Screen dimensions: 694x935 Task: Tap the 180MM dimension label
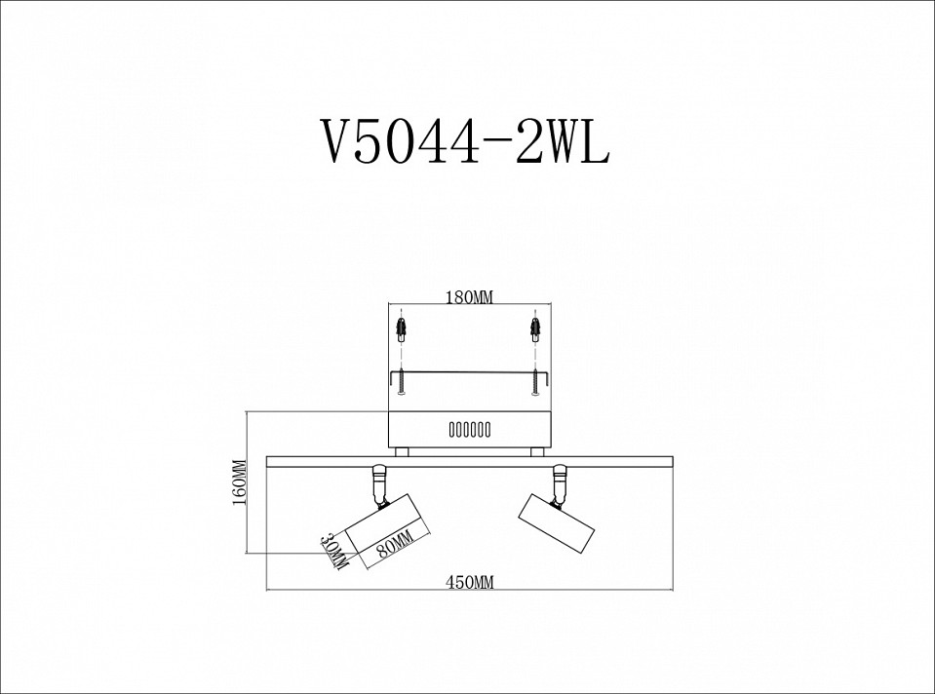tap(470, 296)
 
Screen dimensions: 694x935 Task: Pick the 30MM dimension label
tap(336, 552)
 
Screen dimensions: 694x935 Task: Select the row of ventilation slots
tap(470, 429)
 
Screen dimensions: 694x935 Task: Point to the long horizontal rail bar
tap(470, 460)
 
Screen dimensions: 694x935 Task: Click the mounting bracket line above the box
tap(468, 371)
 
